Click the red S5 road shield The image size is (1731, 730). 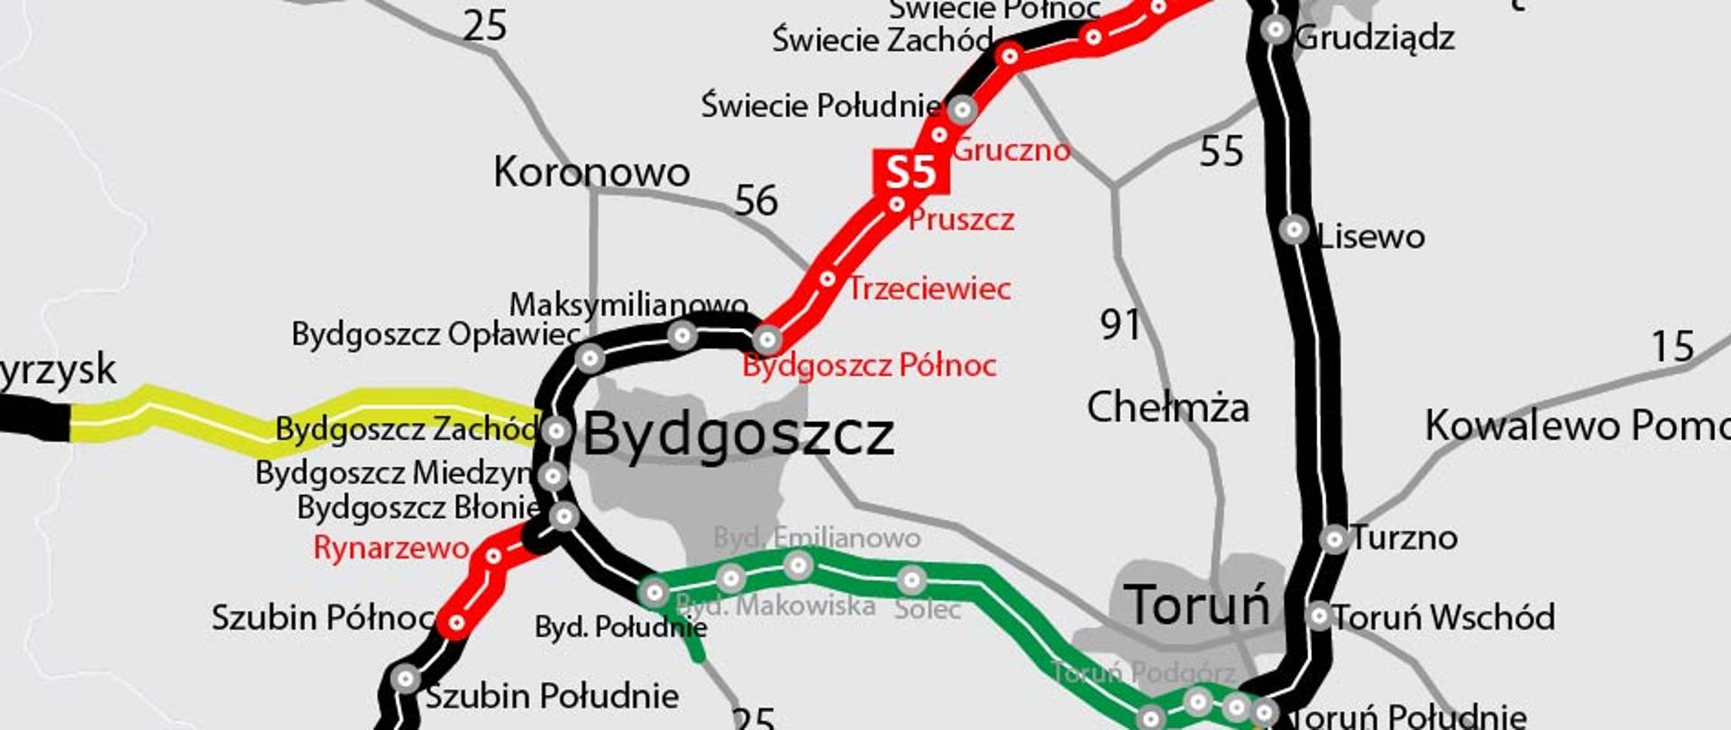click(x=911, y=171)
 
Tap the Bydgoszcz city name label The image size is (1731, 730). click(x=738, y=435)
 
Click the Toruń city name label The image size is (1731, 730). click(x=1196, y=605)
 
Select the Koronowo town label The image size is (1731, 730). click(x=591, y=172)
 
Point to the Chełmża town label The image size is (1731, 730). click(x=1168, y=407)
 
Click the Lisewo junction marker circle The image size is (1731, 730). click(x=1294, y=230)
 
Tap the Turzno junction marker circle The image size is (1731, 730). click(x=1333, y=539)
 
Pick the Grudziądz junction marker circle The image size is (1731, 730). click(x=1276, y=30)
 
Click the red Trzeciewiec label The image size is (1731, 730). click(x=929, y=288)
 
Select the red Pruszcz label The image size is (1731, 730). click(x=961, y=219)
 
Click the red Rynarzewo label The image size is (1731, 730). click(x=391, y=547)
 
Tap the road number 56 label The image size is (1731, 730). click(x=756, y=200)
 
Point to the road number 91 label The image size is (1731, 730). click(x=1120, y=324)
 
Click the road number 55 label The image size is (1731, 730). click(x=1222, y=151)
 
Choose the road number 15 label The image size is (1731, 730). click(x=1672, y=347)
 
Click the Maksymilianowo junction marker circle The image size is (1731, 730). click(x=682, y=336)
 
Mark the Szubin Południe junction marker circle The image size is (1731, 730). click(x=406, y=678)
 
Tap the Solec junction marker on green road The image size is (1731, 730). click(x=911, y=579)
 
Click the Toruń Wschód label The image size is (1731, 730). click(x=1444, y=617)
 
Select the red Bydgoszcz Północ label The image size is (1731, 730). click(x=869, y=365)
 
